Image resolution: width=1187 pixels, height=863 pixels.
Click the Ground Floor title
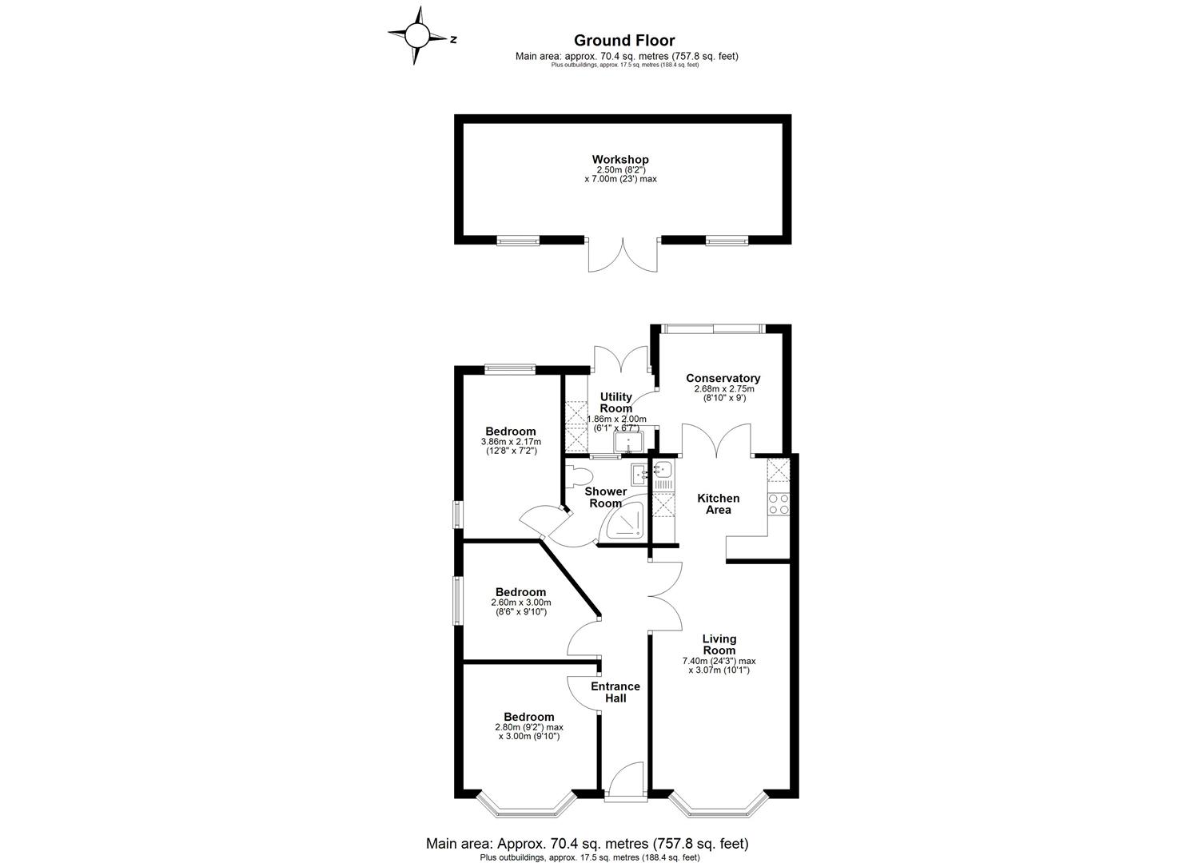coord(624,41)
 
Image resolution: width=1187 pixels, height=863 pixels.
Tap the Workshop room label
coord(620,160)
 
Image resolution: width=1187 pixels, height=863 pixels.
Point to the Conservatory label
coord(723,378)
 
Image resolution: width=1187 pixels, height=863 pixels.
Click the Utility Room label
coord(616,403)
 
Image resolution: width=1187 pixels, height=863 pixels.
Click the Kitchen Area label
coord(718,504)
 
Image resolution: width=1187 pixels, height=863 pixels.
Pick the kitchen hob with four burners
coord(779,503)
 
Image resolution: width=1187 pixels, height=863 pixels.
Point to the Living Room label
coord(719,644)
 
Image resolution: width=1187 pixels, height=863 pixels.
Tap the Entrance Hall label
coord(615,692)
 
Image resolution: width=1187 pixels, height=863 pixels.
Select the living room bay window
coord(717,805)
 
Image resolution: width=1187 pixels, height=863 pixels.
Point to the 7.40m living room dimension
coord(718,661)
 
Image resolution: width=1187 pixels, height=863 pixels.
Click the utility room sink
coord(628,442)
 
